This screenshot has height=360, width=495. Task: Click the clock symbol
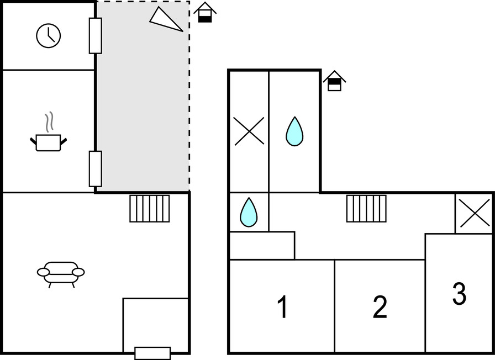coord(49,36)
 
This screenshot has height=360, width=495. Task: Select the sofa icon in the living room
coord(61,272)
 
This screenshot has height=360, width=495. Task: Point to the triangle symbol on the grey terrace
coord(165,19)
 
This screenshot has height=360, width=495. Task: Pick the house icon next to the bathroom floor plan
coord(334,81)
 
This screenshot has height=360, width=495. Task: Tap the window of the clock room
coord(96,35)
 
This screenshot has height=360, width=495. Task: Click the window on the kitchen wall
coord(96,168)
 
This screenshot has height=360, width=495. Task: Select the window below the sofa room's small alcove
coord(152,353)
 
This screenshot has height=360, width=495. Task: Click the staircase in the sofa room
coord(150,209)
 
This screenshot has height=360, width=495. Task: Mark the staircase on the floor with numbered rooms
coord(366,209)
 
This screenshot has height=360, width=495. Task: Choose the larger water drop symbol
coord(294,131)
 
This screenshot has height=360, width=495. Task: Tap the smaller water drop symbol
coord(249,212)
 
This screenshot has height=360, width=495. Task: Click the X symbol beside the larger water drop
coord(249,131)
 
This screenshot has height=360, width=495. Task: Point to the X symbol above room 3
coord(475,213)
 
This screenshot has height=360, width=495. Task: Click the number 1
coord(282,307)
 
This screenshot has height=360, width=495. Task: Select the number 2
coord(380,307)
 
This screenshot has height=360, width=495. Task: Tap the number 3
coord(459,294)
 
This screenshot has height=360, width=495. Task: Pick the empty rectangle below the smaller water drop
coord(262,246)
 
